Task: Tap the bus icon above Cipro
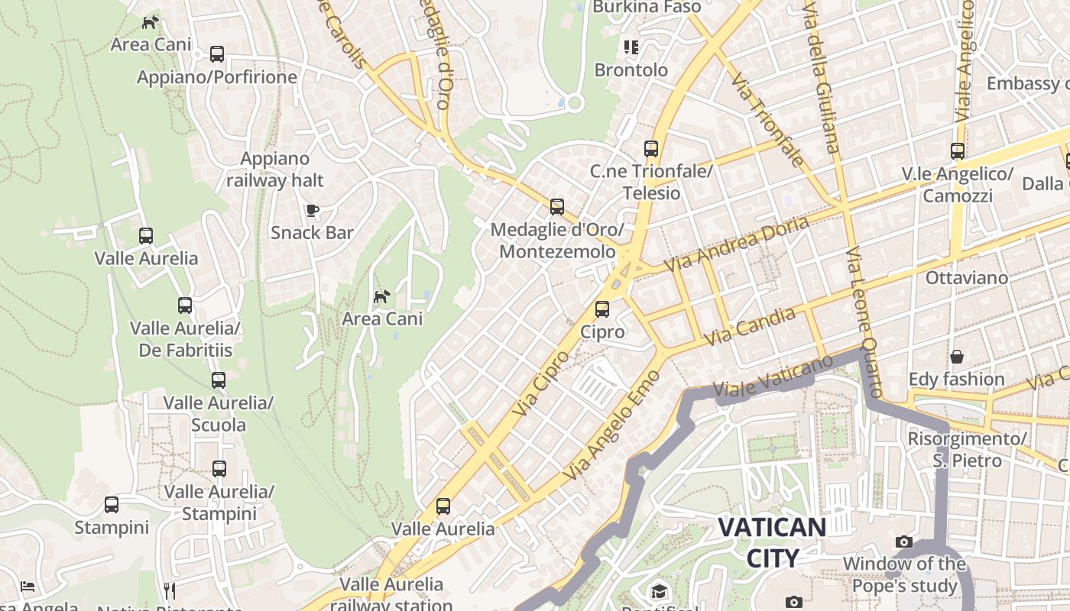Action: (x=602, y=309)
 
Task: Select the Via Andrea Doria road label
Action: (x=737, y=244)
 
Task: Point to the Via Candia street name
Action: (x=749, y=326)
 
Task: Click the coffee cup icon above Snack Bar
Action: (x=312, y=210)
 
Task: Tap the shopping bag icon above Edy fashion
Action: (x=956, y=357)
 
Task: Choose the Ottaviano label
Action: (x=966, y=278)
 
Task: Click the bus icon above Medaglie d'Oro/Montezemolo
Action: (x=557, y=206)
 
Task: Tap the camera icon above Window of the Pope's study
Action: (x=904, y=542)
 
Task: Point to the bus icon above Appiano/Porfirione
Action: (x=217, y=54)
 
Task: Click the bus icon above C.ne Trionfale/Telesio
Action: (x=651, y=149)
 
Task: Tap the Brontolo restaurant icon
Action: (x=631, y=47)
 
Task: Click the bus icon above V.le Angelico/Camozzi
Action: (x=958, y=151)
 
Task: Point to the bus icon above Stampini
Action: (x=112, y=505)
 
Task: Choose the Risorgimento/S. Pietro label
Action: (x=966, y=450)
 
